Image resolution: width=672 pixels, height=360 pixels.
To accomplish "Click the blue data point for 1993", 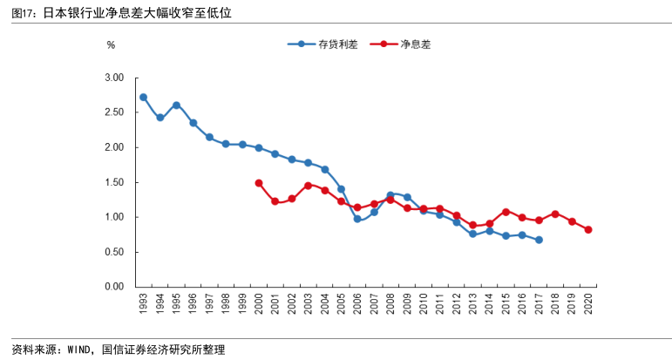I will pyautogui.click(x=143, y=97).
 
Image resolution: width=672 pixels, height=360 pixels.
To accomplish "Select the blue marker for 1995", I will pyautogui.click(x=176, y=105).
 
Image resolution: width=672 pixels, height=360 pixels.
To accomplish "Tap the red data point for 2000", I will pyautogui.click(x=259, y=183).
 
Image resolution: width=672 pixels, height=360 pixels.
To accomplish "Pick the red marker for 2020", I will pyautogui.click(x=588, y=229).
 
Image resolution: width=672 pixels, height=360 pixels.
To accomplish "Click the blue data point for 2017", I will pyautogui.click(x=539, y=240).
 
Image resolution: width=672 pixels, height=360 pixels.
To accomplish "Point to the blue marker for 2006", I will pyautogui.click(x=357, y=219).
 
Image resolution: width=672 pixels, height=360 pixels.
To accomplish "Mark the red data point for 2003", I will pyautogui.click(x=308, y=185).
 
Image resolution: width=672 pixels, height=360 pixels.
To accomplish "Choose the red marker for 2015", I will pyautogui.click(x=506, y=212).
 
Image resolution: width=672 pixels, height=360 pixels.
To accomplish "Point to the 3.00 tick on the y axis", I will pyautogui.click(x=114, y=78).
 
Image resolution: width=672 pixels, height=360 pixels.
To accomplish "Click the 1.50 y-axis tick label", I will pyautogui.click(x=114, y=182).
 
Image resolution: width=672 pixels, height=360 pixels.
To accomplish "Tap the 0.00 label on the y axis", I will pyautogui.click(x=114, y=287).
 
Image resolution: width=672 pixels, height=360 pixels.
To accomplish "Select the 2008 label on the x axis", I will pyautogui.click(x=390, y=304).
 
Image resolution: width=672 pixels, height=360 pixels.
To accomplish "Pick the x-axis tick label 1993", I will pyautogui.click(x=143, y=304).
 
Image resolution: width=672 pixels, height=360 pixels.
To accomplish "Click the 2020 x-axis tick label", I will pyautogui.click(x=588, y=304).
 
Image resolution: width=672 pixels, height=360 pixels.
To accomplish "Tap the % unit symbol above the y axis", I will pyautogui.click(x=111, y=44).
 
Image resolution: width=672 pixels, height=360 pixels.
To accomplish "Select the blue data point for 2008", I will pyautogui.click(x=390, y=194).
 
